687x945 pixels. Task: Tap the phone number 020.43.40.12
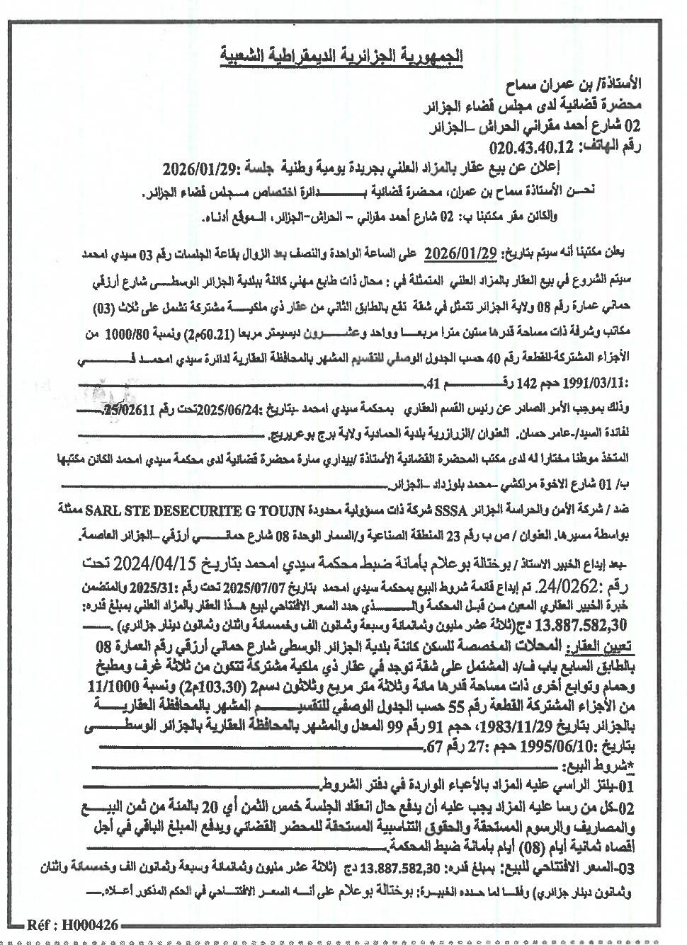point(536,148)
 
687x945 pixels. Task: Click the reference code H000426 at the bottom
point(84,925)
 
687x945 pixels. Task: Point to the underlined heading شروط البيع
point(596,767)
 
